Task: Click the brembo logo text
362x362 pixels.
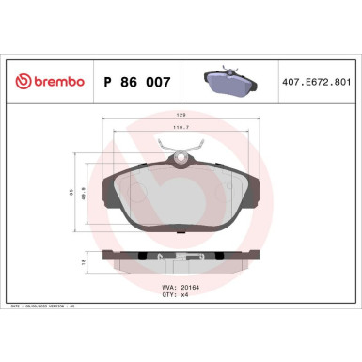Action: tap(57, 82)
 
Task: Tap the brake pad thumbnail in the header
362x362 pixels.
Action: tap(228, 81)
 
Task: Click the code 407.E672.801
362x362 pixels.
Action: tap(316, 82)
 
